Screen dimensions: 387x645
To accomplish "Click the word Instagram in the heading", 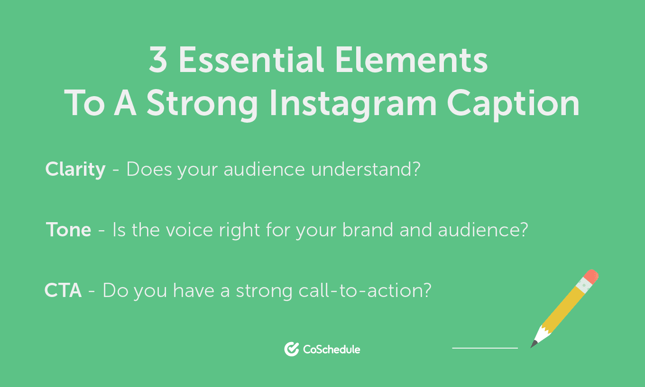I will click(x=353, y=104).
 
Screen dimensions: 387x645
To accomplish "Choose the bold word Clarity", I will click(x=75, y=170).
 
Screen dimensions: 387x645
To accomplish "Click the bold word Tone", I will click(x=69, y=230).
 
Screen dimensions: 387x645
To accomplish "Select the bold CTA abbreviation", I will click(x=63, y=290).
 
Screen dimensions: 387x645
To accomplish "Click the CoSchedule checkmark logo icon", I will click(x=291, y=349).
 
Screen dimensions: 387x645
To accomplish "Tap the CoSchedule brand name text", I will click(x=332, y=350).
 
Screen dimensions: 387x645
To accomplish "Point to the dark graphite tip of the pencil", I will click(x=533, y=344).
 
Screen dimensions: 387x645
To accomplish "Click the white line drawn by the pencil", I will click(x=485, y=348).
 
